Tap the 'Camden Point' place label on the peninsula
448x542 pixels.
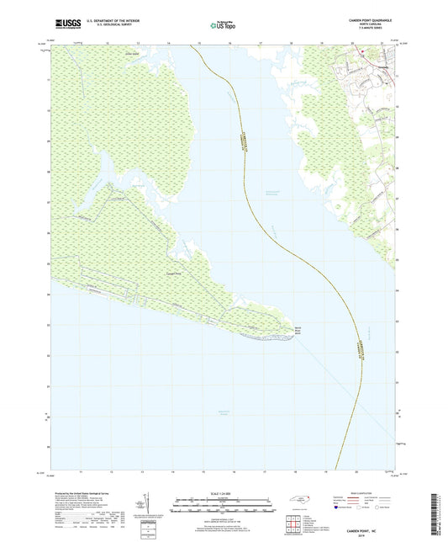click(171, 274)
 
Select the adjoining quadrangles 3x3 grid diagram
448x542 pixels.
click(293, 524)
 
